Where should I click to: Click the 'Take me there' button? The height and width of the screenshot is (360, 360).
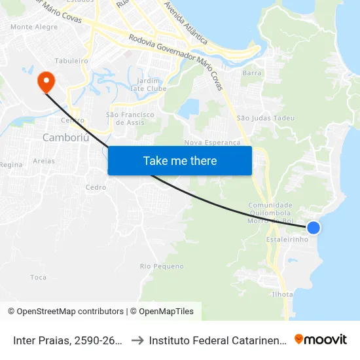[180, 160]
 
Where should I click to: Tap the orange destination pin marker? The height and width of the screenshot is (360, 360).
[46, 82]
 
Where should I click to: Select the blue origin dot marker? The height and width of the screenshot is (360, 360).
[314, 227]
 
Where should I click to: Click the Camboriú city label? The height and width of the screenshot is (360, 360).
[64, 137]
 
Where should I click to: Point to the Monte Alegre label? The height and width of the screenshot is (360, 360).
[34, 27]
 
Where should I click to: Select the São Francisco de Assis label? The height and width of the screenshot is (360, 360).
[130, 118]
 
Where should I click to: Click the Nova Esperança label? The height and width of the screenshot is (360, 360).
[213, 142]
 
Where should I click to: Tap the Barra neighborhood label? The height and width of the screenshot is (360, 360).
[252, 73]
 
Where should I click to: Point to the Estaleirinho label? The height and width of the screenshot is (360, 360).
[287, 240]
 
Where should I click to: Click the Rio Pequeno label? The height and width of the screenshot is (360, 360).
[162, 266]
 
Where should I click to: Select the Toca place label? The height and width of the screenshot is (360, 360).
[38, 278]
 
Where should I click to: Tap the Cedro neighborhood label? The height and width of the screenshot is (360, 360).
[96, 187]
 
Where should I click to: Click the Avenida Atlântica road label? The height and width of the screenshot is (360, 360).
[186, 23]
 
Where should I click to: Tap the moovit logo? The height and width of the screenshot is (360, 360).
[320, 340]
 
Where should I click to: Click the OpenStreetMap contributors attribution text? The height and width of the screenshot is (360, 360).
[70, 312]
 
